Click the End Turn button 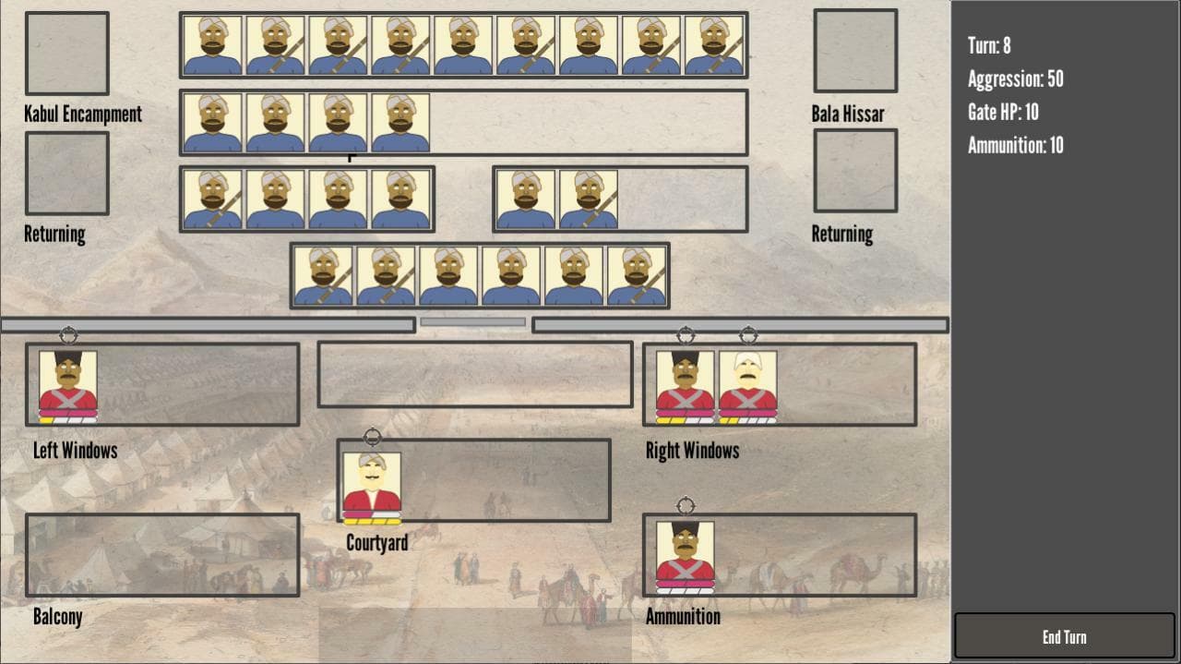coord(1065,636)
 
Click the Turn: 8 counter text coord(989,46)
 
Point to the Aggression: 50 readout coord(1016,79)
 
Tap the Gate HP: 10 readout coord(1003,113)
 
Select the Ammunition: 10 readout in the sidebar coord(1016,145)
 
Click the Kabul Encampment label coord(83,114)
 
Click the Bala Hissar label coord(848,114)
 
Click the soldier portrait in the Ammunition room coord(685,558)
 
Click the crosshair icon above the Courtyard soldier coord(372,437)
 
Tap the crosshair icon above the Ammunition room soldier coord(686,506)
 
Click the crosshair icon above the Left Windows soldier coord(68,335)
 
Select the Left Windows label coord(76,451)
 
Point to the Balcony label coord(57,617)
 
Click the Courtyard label coord(377,543)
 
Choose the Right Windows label coord(692,451)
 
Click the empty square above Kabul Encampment coord(67,54)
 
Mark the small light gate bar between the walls coord(473,322)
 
